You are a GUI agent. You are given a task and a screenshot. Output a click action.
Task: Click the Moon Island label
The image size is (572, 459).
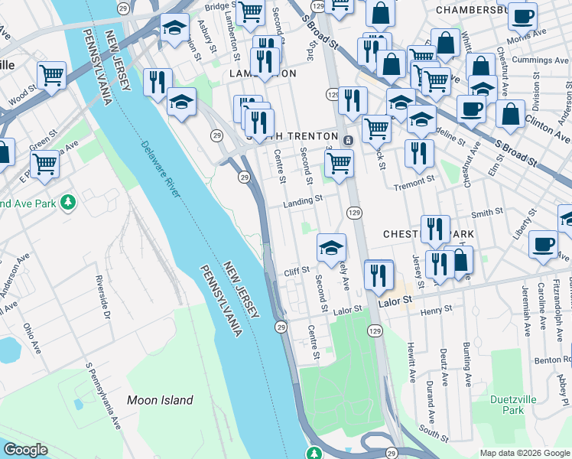[160, 400]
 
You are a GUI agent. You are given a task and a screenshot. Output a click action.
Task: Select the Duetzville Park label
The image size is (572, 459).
[508, 405]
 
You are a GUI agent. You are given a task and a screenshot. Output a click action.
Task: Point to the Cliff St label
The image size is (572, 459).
[296, 270]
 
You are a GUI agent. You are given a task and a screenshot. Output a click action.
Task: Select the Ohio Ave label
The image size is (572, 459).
[31, 337]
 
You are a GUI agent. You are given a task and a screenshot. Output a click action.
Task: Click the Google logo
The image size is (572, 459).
[25, 450]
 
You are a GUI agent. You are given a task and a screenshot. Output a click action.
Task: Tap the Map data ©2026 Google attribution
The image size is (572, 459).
[525, 453]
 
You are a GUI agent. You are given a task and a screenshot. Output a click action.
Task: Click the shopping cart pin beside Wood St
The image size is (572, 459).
[51, 75]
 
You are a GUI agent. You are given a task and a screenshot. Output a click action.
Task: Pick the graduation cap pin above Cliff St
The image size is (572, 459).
[332, 247]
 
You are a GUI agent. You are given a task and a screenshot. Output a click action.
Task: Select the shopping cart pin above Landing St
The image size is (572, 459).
[339, 161]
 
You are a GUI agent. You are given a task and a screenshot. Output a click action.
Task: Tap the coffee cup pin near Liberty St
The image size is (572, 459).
[543, 244]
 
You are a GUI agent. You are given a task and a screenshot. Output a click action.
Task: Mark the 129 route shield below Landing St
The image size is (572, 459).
[354, 211]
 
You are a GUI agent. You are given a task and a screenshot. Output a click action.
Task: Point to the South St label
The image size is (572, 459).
[434, 434]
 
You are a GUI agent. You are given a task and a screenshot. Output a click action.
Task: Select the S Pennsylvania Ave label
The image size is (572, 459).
[102, 395]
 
